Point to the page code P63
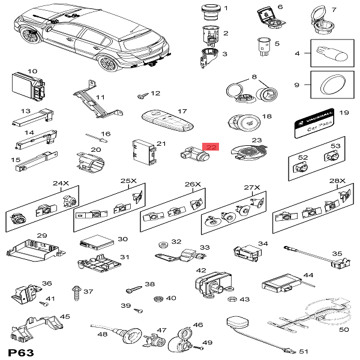point(21,350)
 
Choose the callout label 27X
point(252,188)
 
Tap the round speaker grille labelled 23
point(246,152)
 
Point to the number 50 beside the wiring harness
point(344,329)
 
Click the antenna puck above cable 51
point(235,325)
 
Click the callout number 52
point(303,158)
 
